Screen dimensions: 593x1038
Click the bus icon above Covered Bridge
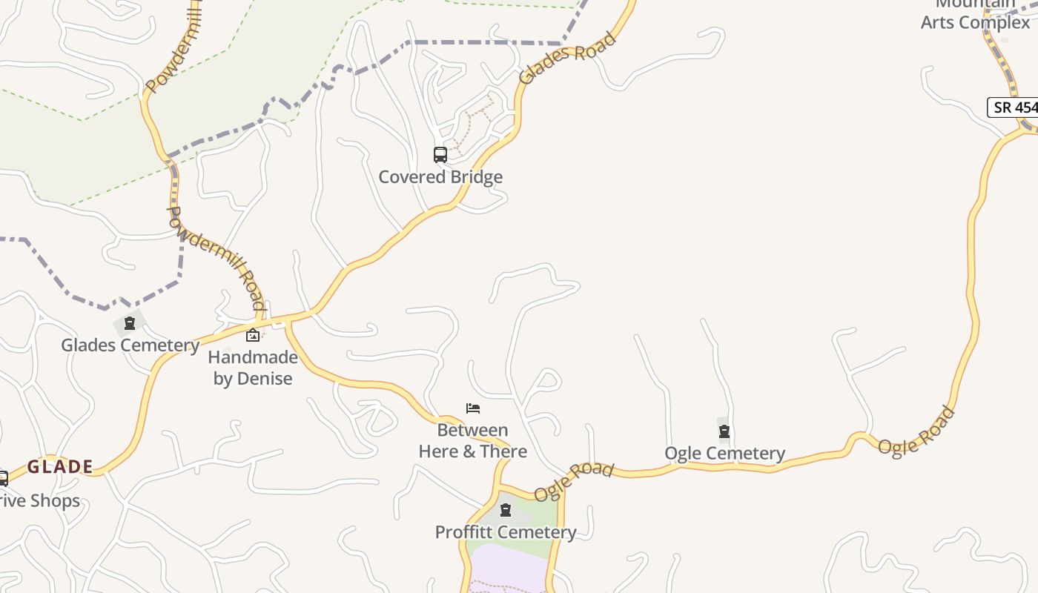440,155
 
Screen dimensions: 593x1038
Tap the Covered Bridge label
440,177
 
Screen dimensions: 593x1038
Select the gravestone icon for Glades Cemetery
130,324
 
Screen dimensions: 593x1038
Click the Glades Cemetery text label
130,345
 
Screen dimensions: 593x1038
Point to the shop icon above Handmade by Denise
253,335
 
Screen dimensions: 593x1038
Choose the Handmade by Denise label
253,368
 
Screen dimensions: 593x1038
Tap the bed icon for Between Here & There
473,408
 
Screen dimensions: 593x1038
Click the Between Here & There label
473,440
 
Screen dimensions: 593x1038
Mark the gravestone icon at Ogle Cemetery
724,431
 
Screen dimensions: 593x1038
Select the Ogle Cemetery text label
724,453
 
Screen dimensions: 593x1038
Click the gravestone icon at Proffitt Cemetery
506,510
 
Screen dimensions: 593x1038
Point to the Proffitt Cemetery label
506,532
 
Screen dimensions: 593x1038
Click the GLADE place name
60,466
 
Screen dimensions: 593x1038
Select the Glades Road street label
567,57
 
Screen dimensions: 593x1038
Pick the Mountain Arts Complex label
975,15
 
